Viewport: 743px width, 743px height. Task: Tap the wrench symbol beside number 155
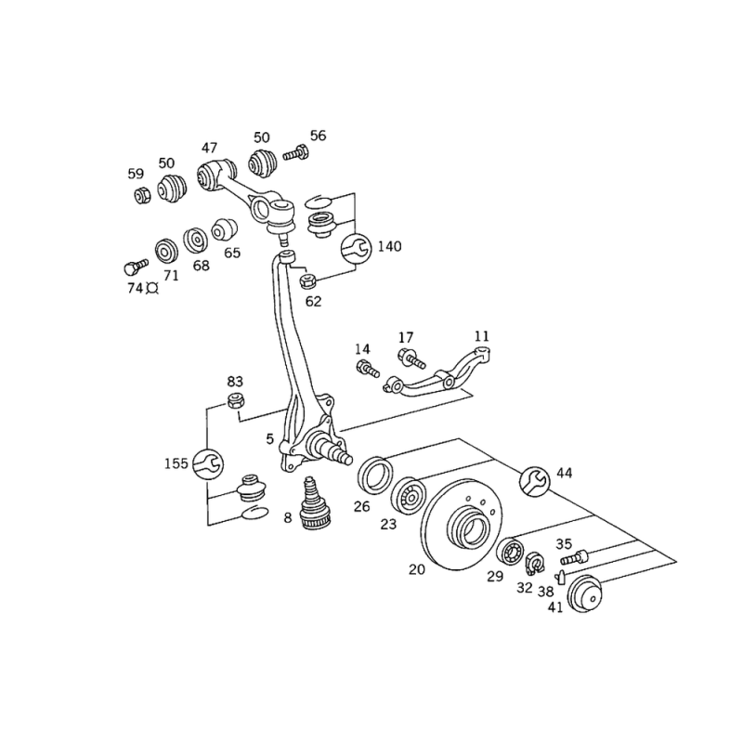(x=208, y=463)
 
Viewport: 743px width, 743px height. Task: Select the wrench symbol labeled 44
(x=535, y=481)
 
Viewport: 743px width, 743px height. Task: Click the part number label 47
(x=210, y=148)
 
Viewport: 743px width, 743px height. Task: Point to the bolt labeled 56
(x=295, y=153)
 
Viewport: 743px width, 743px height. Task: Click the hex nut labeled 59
(x=142, y=195)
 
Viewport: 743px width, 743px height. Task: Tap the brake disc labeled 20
(x=458, y=524)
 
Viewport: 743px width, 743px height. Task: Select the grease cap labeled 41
(x=586, y=594)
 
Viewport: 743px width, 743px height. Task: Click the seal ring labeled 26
(x=375, y=476)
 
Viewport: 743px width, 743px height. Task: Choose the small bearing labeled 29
(x=511, y=551)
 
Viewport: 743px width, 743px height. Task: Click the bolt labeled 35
(x=574, y=557)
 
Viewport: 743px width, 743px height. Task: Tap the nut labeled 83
(x=236, y=401)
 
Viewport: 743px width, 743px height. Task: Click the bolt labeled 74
(x=136, y=267)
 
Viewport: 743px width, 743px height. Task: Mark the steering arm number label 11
(x=481, y=336)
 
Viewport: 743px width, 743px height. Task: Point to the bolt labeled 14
(x=368, y=368)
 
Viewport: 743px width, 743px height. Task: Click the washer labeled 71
(x=167, y=252)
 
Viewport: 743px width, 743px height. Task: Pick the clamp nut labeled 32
(x=536, y=564)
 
